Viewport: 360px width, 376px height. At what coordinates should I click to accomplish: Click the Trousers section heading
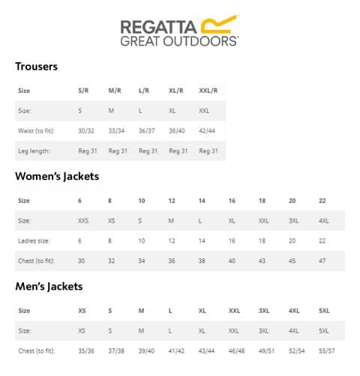[36, 67]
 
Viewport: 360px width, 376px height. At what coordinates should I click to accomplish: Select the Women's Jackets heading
[57, 177]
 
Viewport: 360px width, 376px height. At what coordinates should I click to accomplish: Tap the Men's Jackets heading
[49, 286]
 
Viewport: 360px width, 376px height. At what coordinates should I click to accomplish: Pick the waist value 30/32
[87, 130]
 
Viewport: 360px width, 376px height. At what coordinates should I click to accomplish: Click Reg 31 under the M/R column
[118, 151]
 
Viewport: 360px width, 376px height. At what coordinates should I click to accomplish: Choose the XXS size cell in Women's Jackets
[82, 221]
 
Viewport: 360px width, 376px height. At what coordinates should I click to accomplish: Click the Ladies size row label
[31, 240]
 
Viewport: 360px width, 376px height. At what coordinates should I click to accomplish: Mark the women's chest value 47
[322, 261]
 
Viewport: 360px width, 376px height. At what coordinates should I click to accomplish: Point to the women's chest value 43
[262, 261]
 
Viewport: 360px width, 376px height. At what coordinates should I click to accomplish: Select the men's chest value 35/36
[86, 351]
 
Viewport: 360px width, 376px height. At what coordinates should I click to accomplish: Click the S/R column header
[85, 91]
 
